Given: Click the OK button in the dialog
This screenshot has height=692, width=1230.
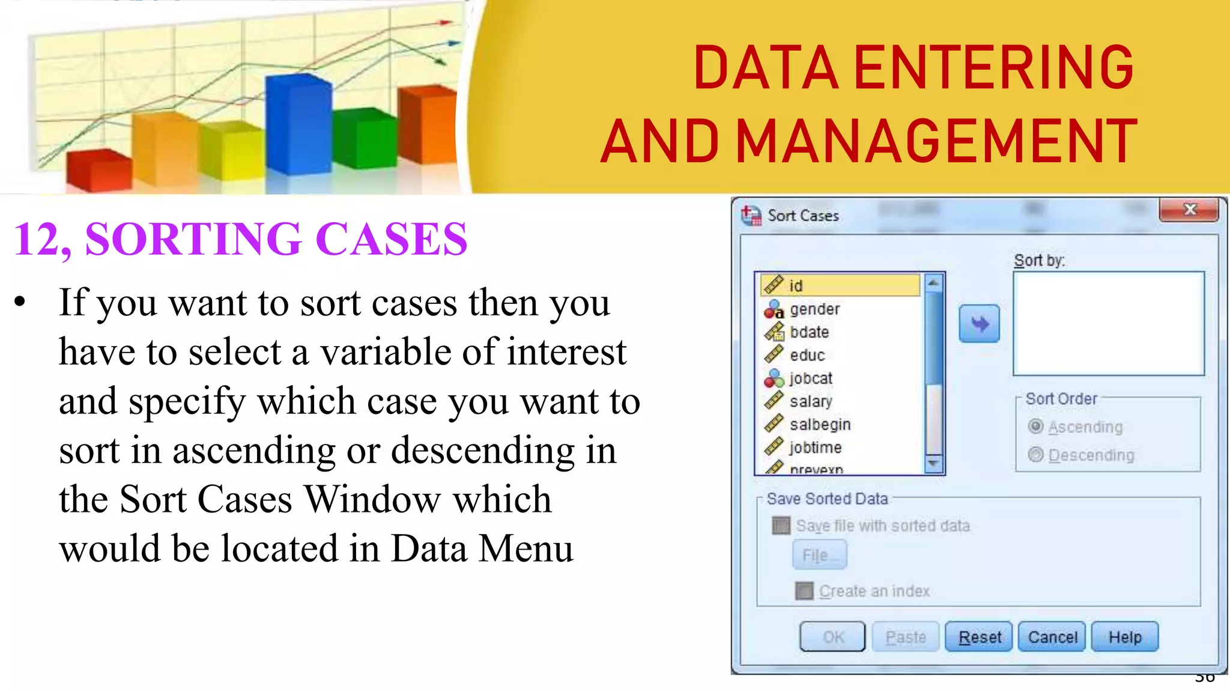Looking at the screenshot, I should point(832,637).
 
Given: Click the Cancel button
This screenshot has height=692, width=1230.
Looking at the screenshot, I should point(1052,637).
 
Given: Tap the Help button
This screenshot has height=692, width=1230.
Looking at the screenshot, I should point(1125,637).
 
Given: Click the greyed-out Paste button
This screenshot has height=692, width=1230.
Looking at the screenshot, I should point(906,637).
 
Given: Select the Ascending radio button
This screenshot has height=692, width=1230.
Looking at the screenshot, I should point(1036,426).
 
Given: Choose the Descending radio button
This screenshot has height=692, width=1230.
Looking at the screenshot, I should point(1036,455).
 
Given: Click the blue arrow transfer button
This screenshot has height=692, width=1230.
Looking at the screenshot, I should point(980,324).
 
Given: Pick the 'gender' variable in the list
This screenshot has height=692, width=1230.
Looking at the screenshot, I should point(814,309).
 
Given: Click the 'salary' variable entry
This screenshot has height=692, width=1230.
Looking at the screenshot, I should point(811,401).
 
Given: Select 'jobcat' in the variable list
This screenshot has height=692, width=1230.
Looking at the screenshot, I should point(811,378).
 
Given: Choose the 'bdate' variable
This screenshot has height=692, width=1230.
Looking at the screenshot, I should point(809,332).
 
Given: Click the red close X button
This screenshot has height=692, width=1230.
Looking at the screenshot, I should point(1189,210).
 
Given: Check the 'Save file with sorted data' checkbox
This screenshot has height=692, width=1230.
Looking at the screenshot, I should point(781,526).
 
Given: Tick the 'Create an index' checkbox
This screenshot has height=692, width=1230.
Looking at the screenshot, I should point(805,591).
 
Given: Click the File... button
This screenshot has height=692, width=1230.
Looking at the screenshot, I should point(820,555).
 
